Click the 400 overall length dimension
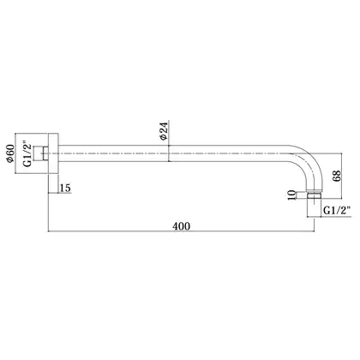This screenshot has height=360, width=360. click(x=181, y=226)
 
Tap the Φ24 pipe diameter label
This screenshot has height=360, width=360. click(x=164, y=131)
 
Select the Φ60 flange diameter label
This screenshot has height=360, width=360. click(x=10, y=153)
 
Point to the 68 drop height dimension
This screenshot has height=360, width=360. click(x=337, y=176)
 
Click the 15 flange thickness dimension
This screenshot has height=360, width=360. click(x=65, y=189)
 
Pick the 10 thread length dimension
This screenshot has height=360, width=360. click(x=291, y=195)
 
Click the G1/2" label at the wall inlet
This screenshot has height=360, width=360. click(x=27, y=153)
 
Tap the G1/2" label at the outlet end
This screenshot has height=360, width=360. click(x=337, y=211)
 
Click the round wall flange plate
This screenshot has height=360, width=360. click(x=53, y=153)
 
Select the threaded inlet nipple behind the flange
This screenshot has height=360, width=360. click(x=41, y=153)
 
